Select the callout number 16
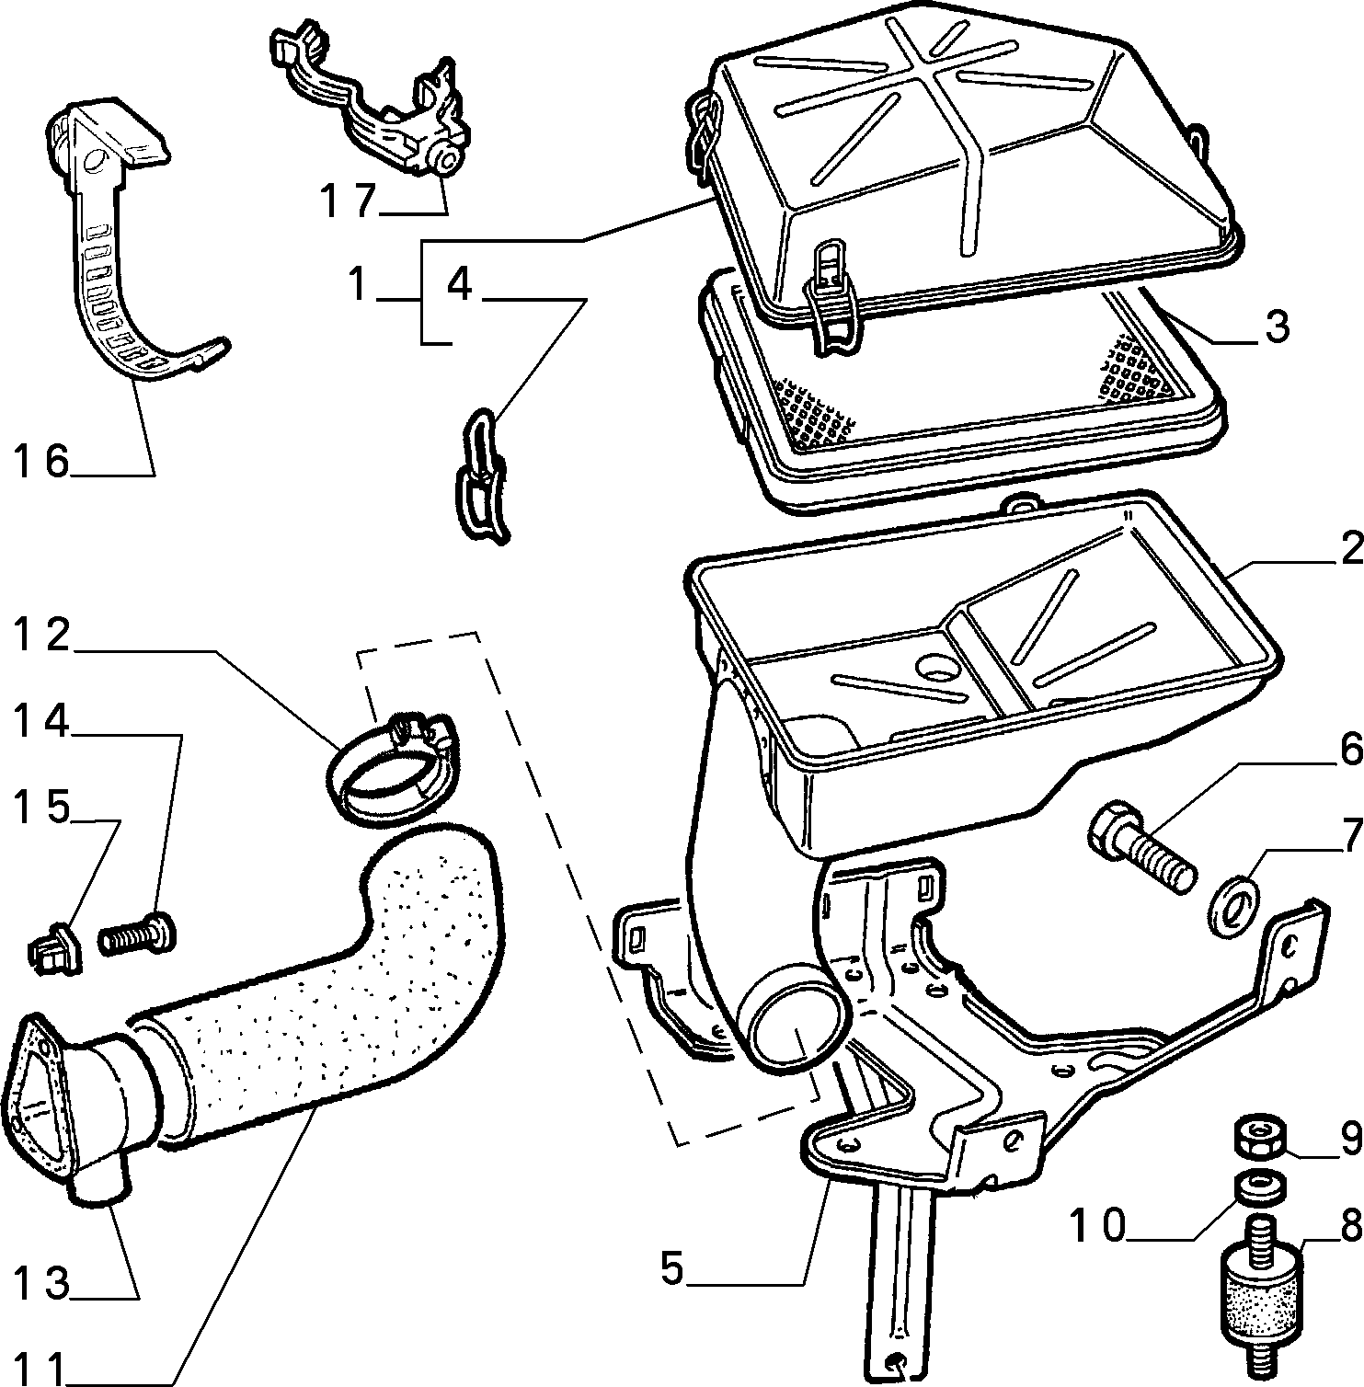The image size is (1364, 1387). (42, 460)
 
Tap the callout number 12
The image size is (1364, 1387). (42, 635)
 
